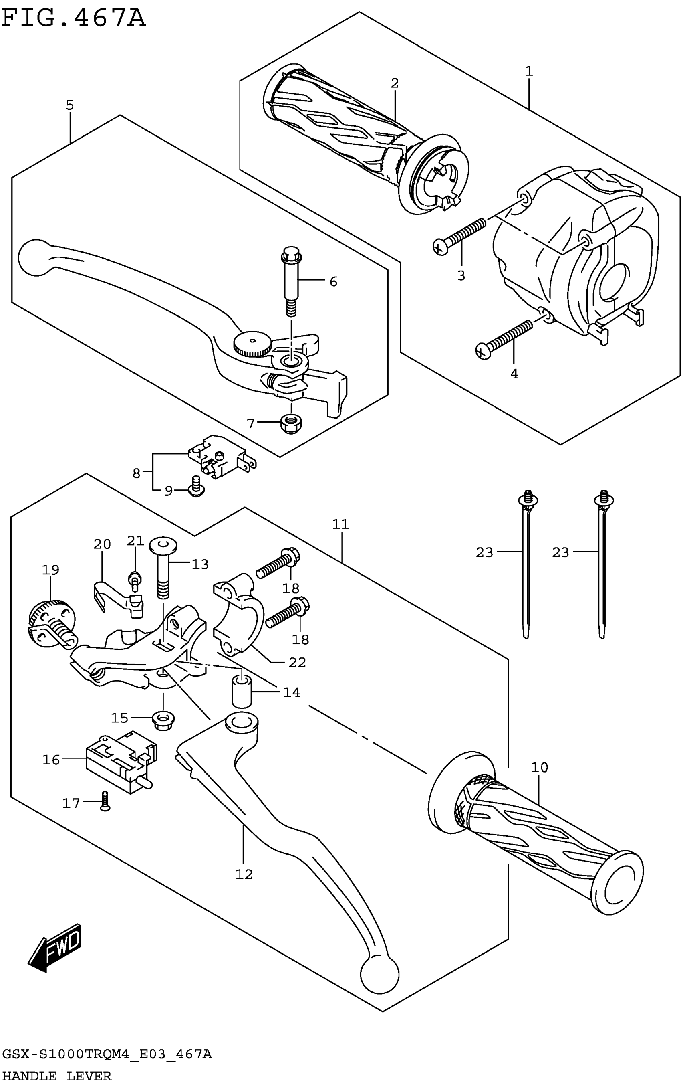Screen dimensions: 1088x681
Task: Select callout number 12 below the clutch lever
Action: [x=244, y=874]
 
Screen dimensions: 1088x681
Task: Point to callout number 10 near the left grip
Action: [x=539, y=767]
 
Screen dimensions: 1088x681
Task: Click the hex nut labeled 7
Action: [x=291, y=423]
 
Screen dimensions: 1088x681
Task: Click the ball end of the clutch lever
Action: [x=379, y=987]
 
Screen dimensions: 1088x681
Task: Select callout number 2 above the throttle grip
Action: [x=395, y=83]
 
